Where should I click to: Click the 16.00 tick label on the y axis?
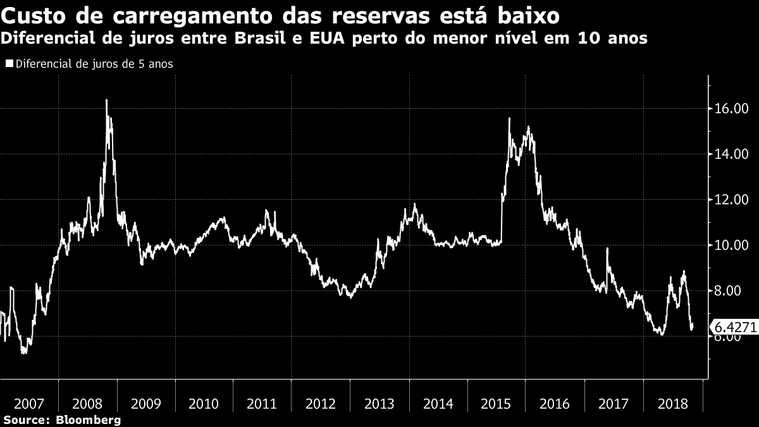click(x=732, y=109)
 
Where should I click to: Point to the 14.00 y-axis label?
click(x=732, y=154)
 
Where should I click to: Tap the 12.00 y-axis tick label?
click(x=732, y=200)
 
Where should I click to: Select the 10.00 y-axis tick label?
click(x=732, y=245)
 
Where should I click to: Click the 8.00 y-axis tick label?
click(x=734, y=291)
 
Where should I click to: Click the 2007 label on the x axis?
click(x=29, y=404)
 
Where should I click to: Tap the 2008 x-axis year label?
click(x=88, y=404)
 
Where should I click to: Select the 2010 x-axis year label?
click(x=204, y=404)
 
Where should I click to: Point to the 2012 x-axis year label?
click(x=321, y=404)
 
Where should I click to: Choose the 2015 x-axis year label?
click(x=497, y=404)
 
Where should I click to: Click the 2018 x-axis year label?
click(x=672, y=404)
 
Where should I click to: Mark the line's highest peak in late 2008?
click(x=106, y=100)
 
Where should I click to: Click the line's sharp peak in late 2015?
click(x=509, y=118)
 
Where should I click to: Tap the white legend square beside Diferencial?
click(x=9, y=64)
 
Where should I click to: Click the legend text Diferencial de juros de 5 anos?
click(x=94, y=64)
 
